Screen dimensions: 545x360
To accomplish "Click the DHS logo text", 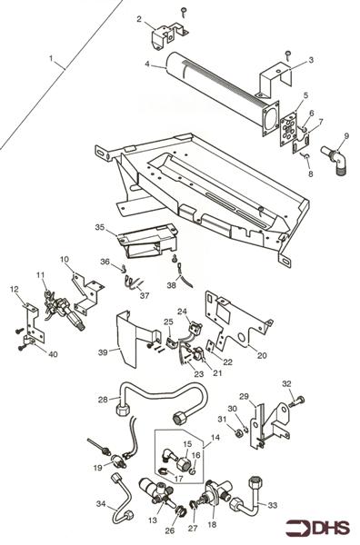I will pos(329,527).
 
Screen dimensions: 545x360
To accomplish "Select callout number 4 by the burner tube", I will pos(146,64).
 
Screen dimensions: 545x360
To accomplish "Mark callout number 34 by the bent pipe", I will pos(101,502).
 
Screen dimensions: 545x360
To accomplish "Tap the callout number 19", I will pos(96,467).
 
